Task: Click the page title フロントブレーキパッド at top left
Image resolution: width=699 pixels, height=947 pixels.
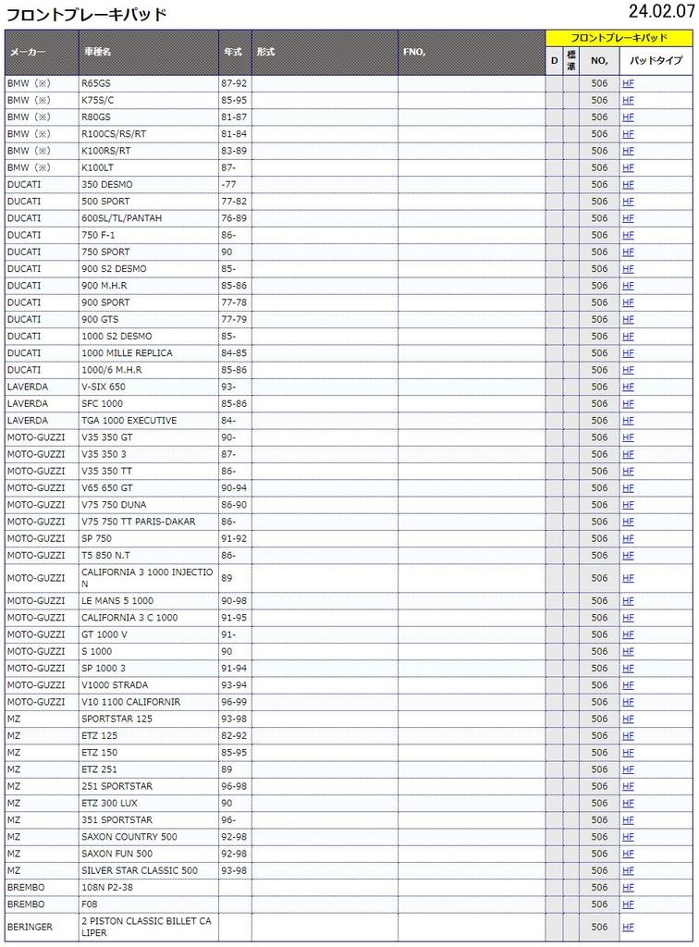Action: coord(87,14)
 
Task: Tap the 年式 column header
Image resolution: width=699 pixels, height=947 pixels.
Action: coord(232,53)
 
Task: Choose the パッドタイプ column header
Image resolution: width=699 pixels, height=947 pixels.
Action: coord(656,61)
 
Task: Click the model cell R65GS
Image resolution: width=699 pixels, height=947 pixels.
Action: coord(95,83)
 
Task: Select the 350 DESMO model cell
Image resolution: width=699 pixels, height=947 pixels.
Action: coord(106,184)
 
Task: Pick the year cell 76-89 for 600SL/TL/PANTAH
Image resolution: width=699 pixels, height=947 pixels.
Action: coord(234,218)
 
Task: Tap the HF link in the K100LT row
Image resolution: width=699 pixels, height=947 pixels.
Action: coord(628,167)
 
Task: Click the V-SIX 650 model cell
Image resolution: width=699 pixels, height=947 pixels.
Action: coord(104,387)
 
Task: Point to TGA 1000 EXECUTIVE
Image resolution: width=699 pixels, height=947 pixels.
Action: coord(129,420)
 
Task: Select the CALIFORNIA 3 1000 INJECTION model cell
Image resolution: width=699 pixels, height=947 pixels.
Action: coord(147,578)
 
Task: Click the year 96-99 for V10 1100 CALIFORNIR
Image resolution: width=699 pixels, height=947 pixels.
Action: coord(234,702)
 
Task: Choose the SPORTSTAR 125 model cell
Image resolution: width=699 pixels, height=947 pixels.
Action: coord(116,719)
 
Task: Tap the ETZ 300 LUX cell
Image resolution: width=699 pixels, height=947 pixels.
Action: coord(109,803)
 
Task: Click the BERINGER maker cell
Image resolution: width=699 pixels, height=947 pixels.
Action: coord(30,927)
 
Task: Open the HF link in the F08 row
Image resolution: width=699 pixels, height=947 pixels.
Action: coord(628,904)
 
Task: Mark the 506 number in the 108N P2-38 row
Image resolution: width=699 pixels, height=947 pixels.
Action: coord(599,888)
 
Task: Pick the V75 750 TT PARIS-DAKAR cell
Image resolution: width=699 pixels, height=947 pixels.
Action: coord(139,522)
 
